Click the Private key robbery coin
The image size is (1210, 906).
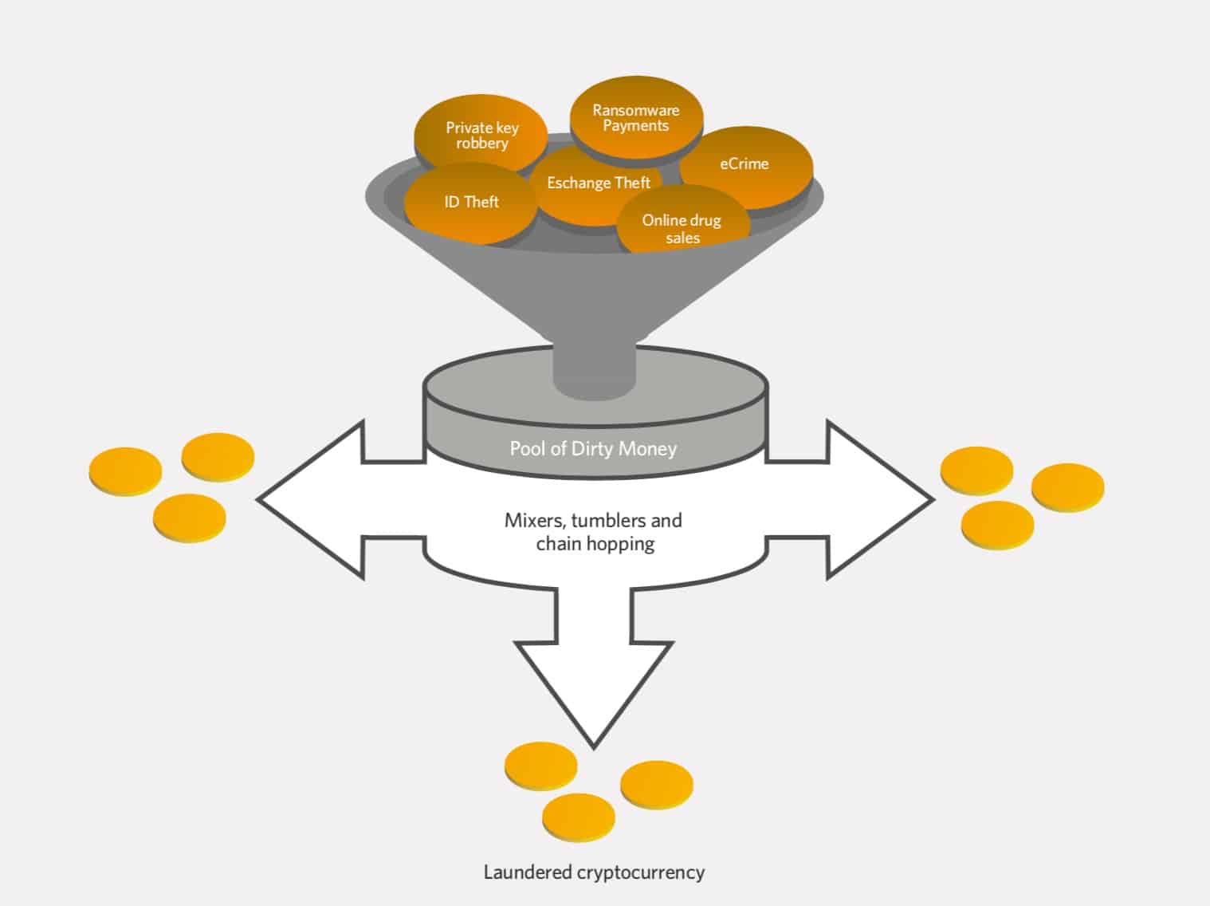tap(481, 134)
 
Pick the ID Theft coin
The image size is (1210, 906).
tap(470, 203)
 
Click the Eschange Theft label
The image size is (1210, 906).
tap(599, 183)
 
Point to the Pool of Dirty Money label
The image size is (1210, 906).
tap(593, 448)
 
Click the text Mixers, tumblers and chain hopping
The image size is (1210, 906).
tap(594, 532)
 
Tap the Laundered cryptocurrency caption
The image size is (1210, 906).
tap(594, 872)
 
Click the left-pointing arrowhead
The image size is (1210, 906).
tap(311, 500)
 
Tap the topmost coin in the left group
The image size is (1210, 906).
tap(218, 456)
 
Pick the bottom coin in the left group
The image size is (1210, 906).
tap(189, 518)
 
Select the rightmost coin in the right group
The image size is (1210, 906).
tap(1068, 486)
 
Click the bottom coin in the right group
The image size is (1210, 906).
tap(997, 525)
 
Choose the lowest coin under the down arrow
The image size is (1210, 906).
tap(579, 817)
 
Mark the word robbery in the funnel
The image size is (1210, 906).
tap(481, 144)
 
